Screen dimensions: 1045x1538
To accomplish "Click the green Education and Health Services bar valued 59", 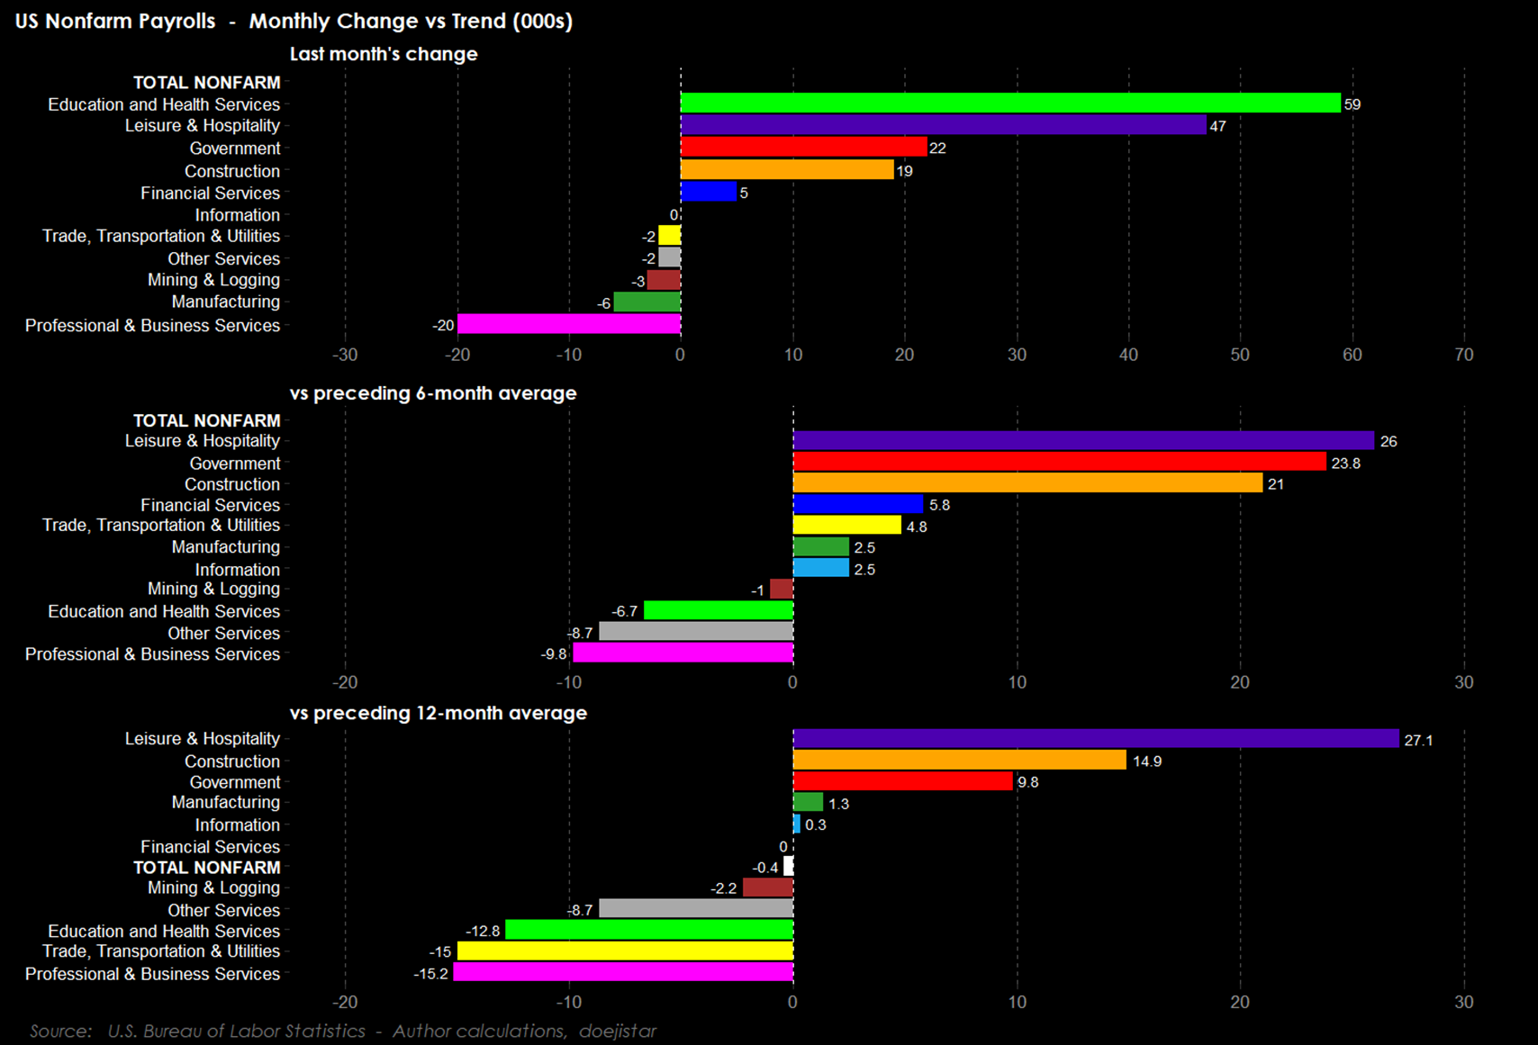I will tap(1010, 104).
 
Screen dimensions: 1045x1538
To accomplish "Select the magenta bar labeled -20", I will tap(568, 324).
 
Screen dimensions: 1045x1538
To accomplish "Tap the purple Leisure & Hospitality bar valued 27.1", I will tap(1096, 739).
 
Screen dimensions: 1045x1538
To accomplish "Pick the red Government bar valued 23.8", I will tap(1059, 462).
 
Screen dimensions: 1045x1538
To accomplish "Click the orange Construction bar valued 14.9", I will tap(959, 761).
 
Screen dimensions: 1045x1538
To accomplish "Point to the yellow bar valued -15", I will tap(625, 951).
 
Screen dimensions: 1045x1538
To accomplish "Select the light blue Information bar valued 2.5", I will tap(820, 568).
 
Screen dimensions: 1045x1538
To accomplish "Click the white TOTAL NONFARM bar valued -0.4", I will tap(789, 867).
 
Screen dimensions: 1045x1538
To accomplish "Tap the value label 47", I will tap(1217, 126).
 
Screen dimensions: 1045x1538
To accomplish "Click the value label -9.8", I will tap(554, 654).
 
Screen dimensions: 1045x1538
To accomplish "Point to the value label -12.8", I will tap(483, 931).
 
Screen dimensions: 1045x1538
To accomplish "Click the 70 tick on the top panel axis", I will tap(1463, 355).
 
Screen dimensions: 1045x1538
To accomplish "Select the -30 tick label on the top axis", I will tap(345, 355).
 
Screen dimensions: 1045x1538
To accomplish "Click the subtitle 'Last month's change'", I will tap(384, 54).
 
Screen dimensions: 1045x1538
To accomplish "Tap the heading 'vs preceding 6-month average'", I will tap(433, 393).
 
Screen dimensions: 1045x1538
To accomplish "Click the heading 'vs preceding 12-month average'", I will tap(439, 713).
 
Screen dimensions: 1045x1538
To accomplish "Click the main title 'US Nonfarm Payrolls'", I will tap(115, 21).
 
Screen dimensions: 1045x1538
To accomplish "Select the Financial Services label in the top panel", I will tap(210, 193).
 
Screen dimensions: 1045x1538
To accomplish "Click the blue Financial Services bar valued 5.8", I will tap(858, 504).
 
